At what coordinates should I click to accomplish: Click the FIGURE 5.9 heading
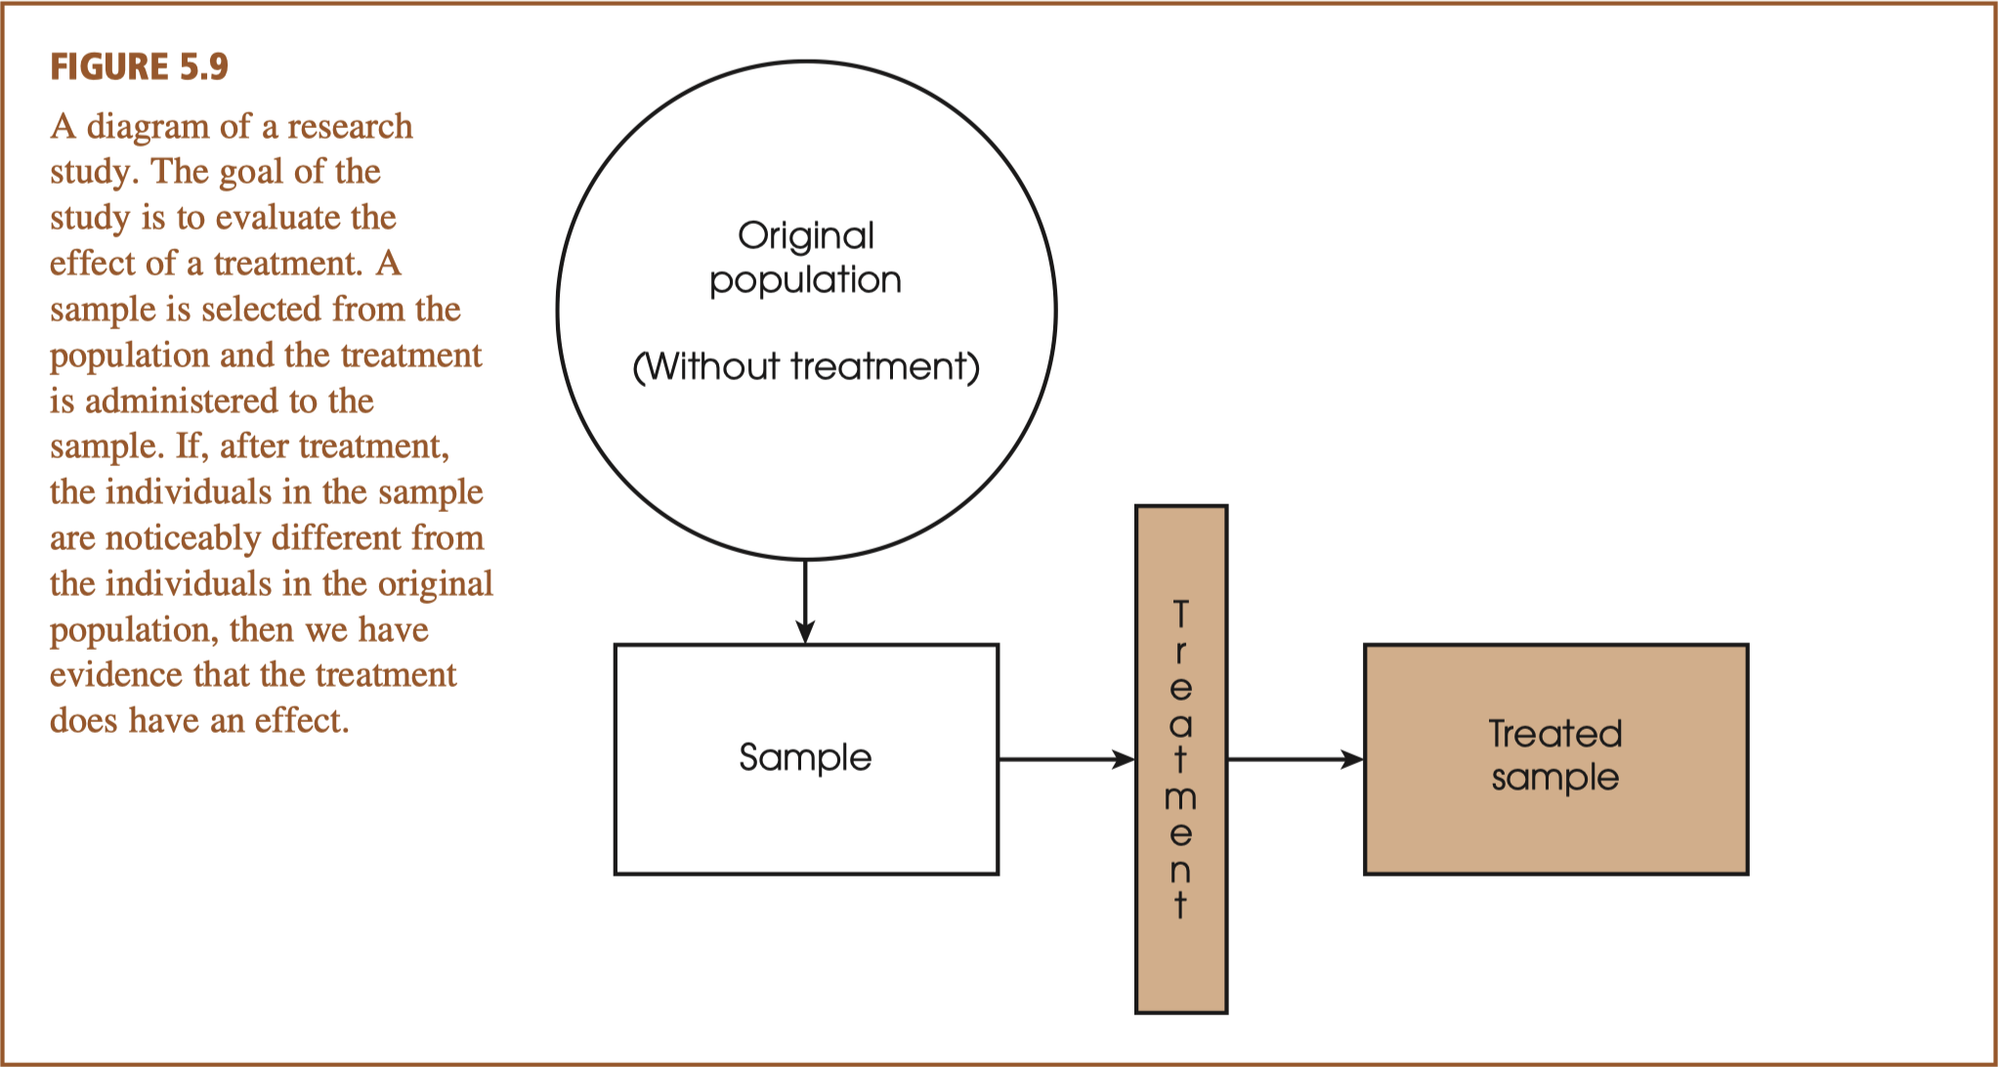(139, 66)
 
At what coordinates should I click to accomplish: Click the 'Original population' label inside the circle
(806, 257)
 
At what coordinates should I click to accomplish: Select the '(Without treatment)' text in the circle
(806, 366)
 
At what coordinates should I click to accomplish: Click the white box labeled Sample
(806, 758)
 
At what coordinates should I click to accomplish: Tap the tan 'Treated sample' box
(1555, 758)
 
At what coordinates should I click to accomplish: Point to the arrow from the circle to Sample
(805, 601)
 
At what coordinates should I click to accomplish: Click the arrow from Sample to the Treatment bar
(1065, 759)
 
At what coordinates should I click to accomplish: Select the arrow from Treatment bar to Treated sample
(1295, 759)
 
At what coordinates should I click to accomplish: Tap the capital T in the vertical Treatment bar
(1181, 614)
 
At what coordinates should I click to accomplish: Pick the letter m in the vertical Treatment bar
(1180, 798)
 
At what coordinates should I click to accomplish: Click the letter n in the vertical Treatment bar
(1180, 870)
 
